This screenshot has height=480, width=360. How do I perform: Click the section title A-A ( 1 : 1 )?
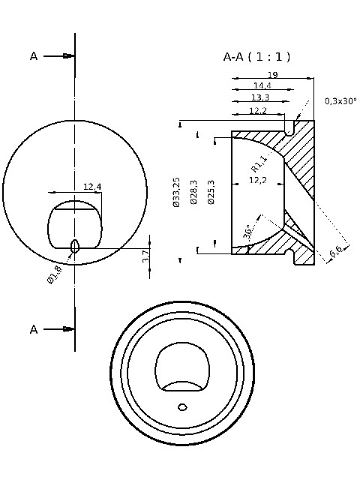pyautogui.click(x=256, y=57)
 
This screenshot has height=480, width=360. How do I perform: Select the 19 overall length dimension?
pyautogui.click(x=273, y=74)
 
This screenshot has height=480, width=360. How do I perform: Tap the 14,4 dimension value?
pyautogui.click(x=262, y=86)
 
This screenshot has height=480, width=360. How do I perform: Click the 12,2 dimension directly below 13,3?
pyautogui.click(x=257, y=111)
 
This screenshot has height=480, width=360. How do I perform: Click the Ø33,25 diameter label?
pyautogui.click(x=176, y=193)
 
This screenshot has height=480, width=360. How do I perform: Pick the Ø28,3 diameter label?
pyautogui.click(x=194, y=193)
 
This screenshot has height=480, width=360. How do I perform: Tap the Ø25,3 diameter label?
pyautogui.click(x=211, y=193)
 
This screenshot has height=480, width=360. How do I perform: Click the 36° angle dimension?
pyautogui.click(x=248, y=232)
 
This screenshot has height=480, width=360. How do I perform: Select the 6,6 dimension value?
pyautogui.click(x=336, y=253)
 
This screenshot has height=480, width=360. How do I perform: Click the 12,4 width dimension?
pyautogui.click(x=92, y=187)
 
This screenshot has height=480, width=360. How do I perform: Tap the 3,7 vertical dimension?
pyautogui.click(x=146, y=256)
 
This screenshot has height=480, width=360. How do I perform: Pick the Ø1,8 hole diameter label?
pyautogui.click(x=55, y=274)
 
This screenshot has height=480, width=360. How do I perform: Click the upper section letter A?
pyautogui.click(x=34, y=56)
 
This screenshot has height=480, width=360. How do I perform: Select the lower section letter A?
pyautogui.click(x=34, y=329)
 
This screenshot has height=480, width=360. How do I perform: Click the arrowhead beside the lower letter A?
pyautogui.click(x=69, y=329)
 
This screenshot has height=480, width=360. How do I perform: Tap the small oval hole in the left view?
pyautogui.click(x=74, y=246)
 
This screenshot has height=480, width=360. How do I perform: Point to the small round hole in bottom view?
pyautogui.click(x=182, y=407)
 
